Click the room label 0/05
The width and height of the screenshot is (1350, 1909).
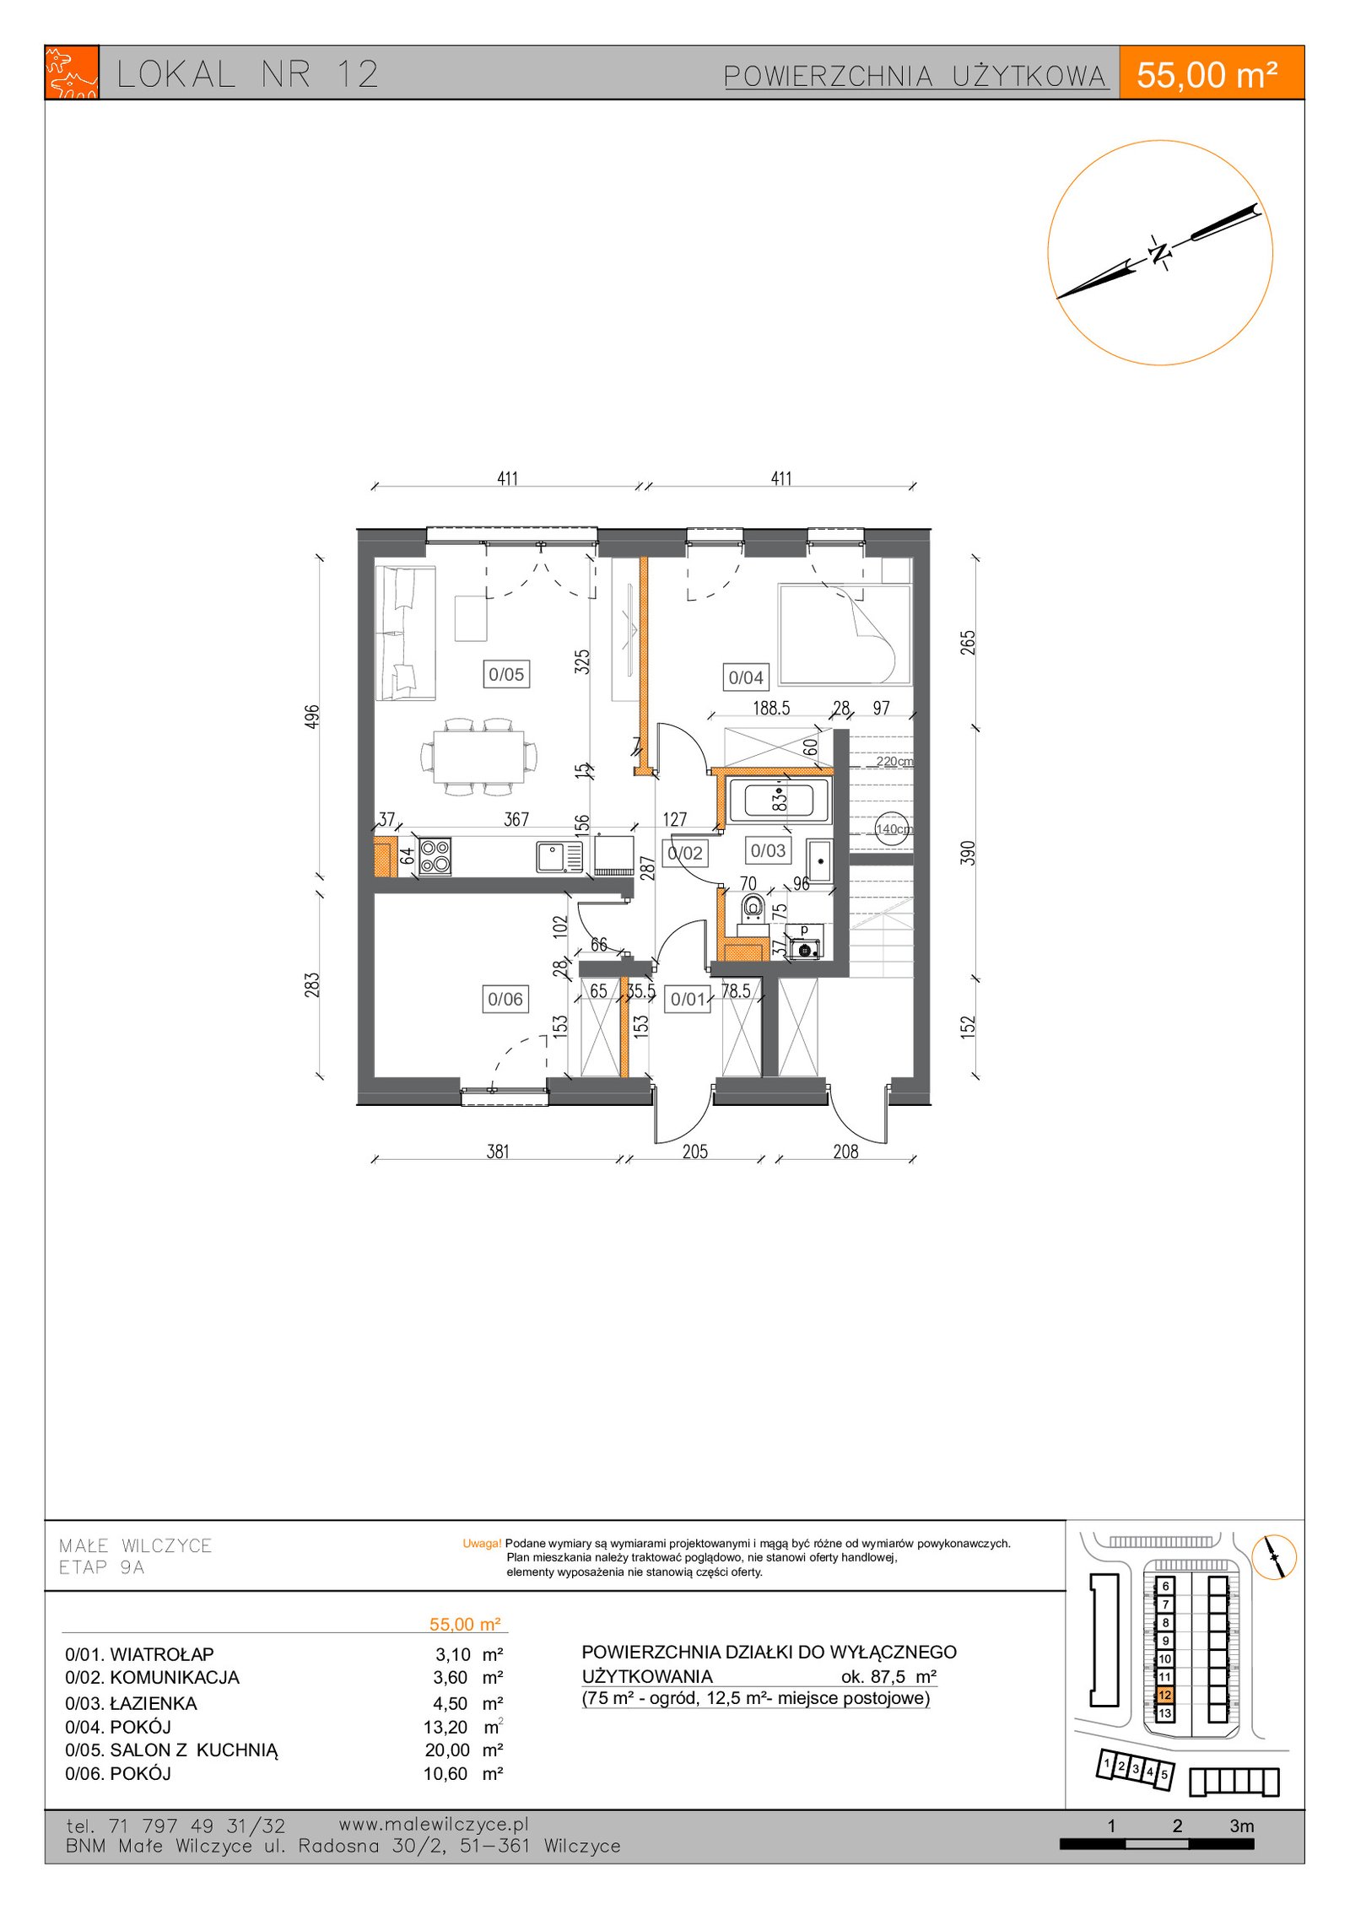[506, 674]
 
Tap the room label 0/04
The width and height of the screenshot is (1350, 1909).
[746, 677]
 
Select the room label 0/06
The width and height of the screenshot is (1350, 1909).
[505, 999]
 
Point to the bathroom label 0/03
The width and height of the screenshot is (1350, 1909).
[768, 850]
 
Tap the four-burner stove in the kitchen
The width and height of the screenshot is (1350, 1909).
[435, 856]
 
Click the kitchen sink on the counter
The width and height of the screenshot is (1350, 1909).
[559, 856]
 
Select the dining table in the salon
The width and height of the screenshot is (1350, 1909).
[478, 756]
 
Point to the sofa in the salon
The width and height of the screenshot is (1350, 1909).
[406, 633]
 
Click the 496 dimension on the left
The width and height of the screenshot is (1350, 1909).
[312, 717]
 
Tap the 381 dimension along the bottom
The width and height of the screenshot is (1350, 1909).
[498, 1151]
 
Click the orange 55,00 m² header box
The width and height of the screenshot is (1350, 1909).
[1211, 73]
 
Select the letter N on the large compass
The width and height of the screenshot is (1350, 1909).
[1161, 251]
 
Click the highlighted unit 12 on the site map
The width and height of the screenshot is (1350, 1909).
[1164, 1695]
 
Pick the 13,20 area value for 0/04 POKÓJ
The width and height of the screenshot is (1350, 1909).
[445, 1728]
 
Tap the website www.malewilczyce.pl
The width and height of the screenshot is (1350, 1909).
[434, 1824]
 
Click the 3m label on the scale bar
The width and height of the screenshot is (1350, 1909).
[1241, 1825]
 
